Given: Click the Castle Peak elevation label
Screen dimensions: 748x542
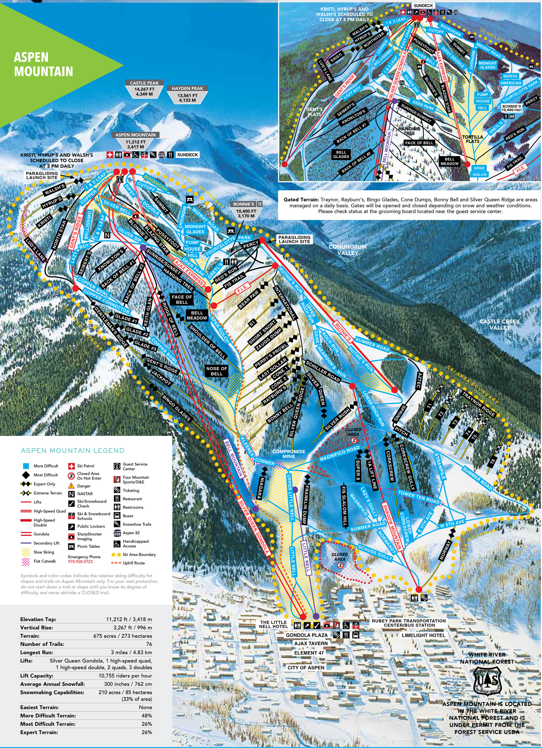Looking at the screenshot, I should [x=144, y=89].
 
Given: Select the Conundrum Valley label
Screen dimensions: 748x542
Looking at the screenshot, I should [x=347, y=250].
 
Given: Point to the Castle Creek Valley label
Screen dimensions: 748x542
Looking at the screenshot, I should [x=499, y=324].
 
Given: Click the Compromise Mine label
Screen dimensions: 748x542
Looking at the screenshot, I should [x=288, y=454].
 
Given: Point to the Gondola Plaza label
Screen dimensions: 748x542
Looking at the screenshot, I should [x=307, y=635].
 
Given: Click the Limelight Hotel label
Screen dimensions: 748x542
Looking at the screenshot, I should [x=423, y=635].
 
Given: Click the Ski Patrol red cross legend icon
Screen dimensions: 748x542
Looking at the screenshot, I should [x=71, y=466].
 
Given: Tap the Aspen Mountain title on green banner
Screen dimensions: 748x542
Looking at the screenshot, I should [x=43, y=64].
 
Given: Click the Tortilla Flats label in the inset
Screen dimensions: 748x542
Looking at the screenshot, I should [x=472, y=139].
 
